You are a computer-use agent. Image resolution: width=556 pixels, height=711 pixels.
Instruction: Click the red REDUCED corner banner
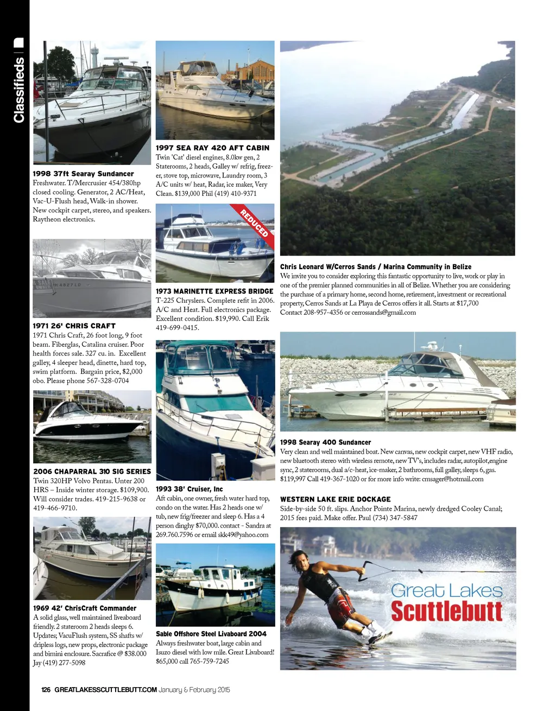[255, 222]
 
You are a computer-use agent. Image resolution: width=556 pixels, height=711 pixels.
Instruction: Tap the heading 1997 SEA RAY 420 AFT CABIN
[212, 148]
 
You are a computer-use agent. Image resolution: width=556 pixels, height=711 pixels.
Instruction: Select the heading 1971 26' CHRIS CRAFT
[74, 326]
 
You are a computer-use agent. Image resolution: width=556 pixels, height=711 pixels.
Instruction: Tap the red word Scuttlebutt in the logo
[447, 611]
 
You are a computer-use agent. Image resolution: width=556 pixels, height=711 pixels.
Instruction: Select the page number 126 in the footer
[46, 690]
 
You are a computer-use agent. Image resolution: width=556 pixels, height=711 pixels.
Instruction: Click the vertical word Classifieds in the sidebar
[19, 90]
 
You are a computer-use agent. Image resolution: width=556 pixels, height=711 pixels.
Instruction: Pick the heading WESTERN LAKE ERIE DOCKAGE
[336, 499]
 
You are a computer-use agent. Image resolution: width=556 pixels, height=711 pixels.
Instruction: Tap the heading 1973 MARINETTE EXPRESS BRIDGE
[214, 291]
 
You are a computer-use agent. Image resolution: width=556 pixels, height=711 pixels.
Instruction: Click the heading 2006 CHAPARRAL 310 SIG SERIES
[92, 472]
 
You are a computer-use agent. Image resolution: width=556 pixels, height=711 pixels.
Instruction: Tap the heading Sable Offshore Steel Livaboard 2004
[211, 634]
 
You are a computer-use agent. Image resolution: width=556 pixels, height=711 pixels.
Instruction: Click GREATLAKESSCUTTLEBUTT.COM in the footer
[105, 690]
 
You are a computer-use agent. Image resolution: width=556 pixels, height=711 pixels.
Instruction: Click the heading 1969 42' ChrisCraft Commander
[85, 608]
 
